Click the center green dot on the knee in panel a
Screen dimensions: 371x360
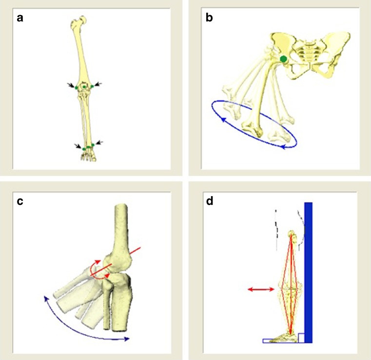84,87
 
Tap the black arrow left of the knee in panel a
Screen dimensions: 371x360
72,85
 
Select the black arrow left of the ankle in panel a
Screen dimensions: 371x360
78,145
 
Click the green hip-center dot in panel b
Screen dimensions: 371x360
283,59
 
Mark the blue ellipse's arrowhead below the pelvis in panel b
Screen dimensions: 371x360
283,145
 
